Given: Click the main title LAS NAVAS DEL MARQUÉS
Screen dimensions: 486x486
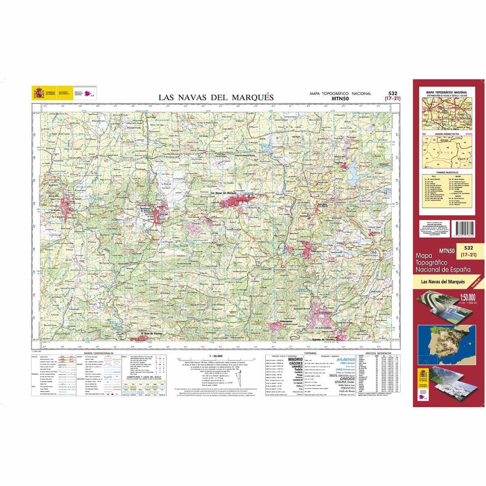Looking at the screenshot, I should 216,98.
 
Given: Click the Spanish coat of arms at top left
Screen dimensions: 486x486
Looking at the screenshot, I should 39,94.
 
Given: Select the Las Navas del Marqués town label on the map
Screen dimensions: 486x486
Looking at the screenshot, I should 223,192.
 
